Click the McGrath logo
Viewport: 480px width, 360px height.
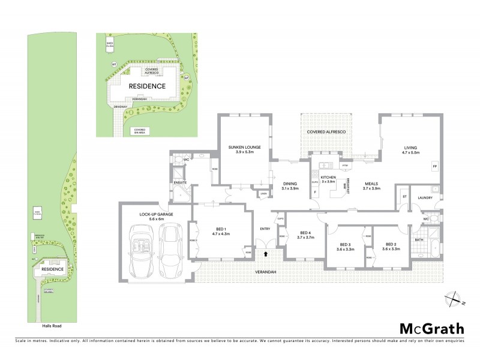tap(432, 329)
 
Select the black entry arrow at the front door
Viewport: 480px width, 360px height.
tap(266, 254)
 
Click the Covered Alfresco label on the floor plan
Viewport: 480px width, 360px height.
tap(326, 131)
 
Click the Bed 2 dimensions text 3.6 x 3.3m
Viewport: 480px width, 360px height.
tap(391, 250)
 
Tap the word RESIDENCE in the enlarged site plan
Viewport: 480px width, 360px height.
tap(148, 86)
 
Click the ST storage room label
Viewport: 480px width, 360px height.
tap(404, 196)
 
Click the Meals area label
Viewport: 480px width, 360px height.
tap(372, 183)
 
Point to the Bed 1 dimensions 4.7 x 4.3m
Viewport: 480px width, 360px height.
tap(220, 233)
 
